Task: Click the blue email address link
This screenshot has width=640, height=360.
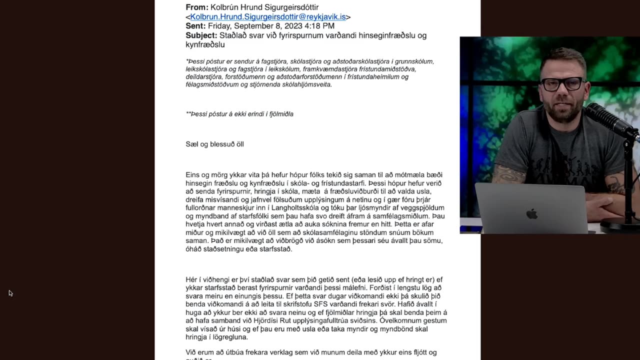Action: click(x=268, y=17)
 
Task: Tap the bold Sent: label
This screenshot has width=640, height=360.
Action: click(x=195, y=26)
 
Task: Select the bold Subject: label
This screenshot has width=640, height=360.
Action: click(x=201, y=35)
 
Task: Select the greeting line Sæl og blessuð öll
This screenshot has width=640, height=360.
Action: click(x=214, y=144)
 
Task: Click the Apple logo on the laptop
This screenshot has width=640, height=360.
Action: click(x=531, y=214)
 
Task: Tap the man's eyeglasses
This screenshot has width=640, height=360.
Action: click(x=562, y=84)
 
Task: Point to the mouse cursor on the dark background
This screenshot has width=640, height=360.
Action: click(x=10, y=292)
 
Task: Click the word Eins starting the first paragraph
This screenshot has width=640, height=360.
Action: click(x=193, y=175)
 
